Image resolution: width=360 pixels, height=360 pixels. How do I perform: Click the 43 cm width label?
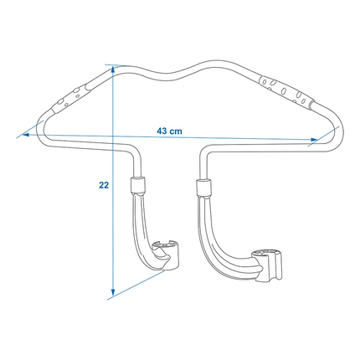(170, 131)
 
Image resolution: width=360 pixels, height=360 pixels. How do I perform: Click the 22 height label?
(101, 187)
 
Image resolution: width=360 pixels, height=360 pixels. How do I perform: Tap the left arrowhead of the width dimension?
(28, 131)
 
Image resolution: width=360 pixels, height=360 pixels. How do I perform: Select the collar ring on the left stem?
(139, 187)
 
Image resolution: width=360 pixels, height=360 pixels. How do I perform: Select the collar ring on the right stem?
(202, 187)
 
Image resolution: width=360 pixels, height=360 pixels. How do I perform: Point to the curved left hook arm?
(144, 230)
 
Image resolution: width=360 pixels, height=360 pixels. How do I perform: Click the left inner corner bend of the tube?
(134, 159)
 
